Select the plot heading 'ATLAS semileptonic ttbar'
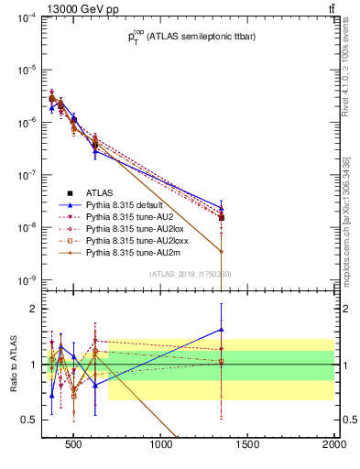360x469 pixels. click(191, 38)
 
